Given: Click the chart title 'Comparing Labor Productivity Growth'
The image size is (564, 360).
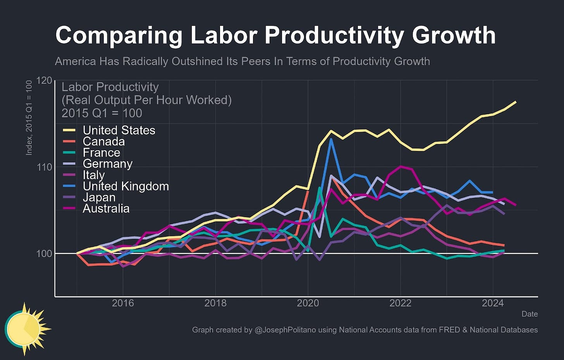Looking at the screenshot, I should tap(275, 36).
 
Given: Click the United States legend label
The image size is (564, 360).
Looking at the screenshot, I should tap(119, 130).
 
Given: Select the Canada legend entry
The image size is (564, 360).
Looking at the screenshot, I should tap(104, 142).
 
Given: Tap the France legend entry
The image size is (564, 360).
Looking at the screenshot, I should tap(101, 153).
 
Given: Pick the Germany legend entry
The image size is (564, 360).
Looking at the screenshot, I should tap(108, 164).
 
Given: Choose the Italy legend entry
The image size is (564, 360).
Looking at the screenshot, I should tap(94, 175).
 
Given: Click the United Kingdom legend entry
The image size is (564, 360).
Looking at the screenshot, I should tap(126, 187).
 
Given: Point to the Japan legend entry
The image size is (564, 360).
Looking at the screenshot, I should tap(99, 198).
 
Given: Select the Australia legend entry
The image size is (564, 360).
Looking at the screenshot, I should tap(106, 209).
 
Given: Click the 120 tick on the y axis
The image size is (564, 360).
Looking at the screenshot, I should tap(44, 81).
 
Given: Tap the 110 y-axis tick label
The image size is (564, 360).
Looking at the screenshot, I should tap(44, 167).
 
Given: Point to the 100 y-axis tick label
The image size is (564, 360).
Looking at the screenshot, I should tap(44, 254).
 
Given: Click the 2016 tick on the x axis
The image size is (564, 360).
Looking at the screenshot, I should tap(123, 303).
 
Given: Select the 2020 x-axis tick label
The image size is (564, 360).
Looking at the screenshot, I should tap(308, 303).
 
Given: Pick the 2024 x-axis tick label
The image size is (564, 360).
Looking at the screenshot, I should tap(493, 303).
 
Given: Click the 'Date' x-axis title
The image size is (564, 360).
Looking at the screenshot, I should tap(530, 314).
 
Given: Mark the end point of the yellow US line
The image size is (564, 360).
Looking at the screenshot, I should tap(516, 102).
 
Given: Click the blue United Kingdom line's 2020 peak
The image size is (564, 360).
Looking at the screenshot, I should tap(331, 139).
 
